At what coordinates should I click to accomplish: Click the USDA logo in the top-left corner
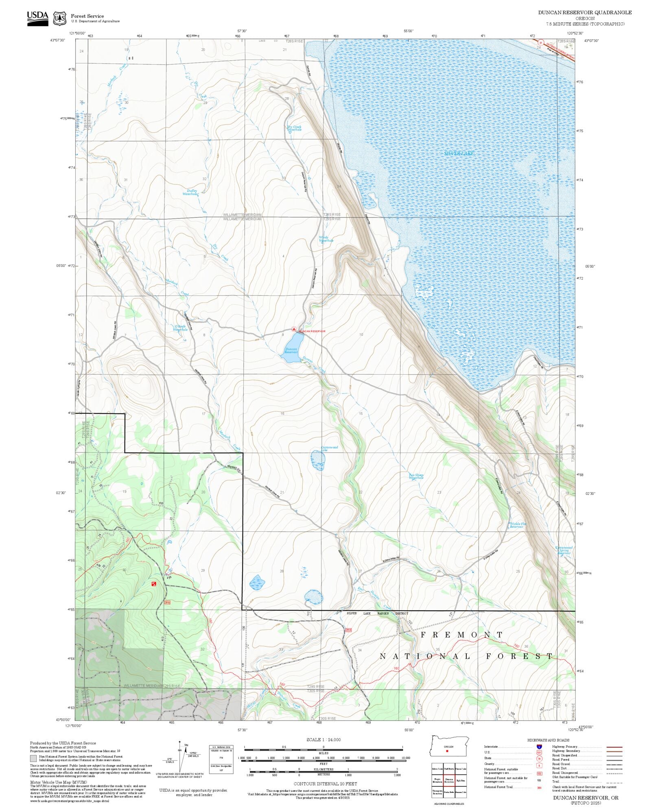click(x=37, y=18)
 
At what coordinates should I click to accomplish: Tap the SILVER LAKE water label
click(x=459, y=153)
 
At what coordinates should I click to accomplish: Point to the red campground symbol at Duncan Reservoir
click(x=294, y=329)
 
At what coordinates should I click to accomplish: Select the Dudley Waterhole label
click(x=191, y=192)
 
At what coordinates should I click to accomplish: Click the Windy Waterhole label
click(x=325, y=239)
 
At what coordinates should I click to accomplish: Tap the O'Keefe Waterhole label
click(x=180, y=328)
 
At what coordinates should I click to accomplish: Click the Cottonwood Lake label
click(x=329, y=448)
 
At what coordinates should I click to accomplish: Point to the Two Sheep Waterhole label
click(x=416, y=476)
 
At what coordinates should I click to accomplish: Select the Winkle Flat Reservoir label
click(x=518, y=525)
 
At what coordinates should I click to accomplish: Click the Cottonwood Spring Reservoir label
click(x=564, y=550)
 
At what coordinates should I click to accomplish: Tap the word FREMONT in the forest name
click(x=461, y=635)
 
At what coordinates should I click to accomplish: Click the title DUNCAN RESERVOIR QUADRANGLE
click(x=585, y=13)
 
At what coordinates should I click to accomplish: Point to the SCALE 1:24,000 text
click(x=323, y=740)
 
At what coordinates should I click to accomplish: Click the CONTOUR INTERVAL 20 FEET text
click(x=325, y=784)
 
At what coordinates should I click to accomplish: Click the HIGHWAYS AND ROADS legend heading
click(x=548, y=740)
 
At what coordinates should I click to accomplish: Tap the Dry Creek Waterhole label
click(x=294, y=128)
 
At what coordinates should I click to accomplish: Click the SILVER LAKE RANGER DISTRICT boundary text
click(x=377, y=613)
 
